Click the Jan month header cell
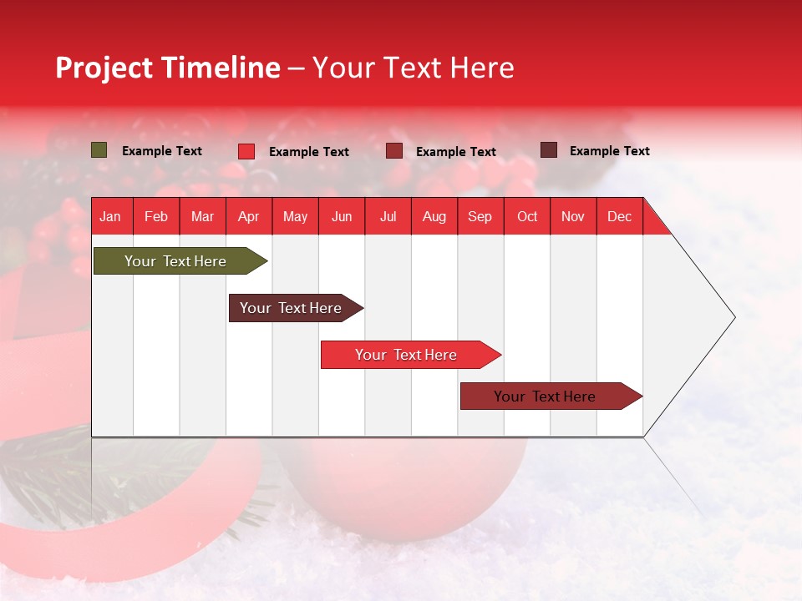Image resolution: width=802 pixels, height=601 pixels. click(111, 216)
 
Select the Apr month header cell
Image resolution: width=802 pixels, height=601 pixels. click(249, 216)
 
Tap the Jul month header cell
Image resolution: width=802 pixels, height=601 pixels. click(388, 216)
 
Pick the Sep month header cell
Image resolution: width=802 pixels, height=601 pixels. click(480, 216)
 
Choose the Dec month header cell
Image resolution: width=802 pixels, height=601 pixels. click(619, 216)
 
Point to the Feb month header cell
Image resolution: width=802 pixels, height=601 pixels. click(156, 216)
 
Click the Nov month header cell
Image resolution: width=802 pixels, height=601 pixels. click(573, 216)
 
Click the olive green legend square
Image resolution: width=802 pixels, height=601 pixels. click(99, 150)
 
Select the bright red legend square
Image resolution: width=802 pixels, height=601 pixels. click(246, 151)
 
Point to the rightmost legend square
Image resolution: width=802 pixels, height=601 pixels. click(549, 150)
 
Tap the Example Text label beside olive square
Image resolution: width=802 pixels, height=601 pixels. click(162, 151)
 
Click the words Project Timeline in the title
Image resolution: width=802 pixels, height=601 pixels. click(167, 68)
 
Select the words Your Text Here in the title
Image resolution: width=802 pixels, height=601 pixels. click(413, 68)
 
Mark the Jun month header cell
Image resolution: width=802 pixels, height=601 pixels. click(342, 216)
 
